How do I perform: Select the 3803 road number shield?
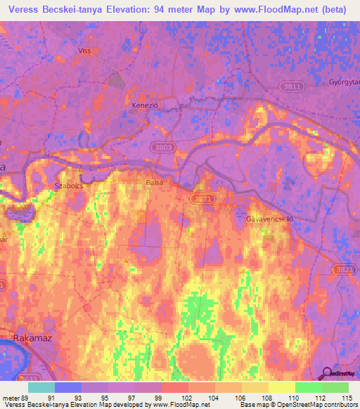[x=163, y=148]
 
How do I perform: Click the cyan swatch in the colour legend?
[x=41, y=387]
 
